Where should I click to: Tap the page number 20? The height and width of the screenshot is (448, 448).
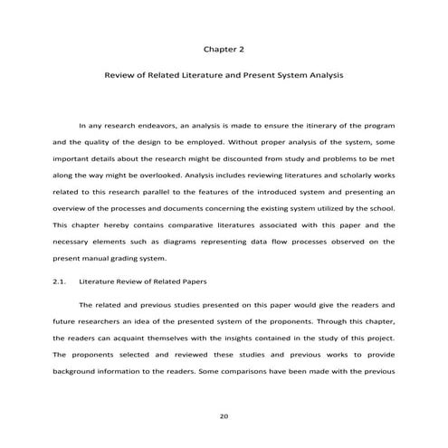[224, 416]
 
